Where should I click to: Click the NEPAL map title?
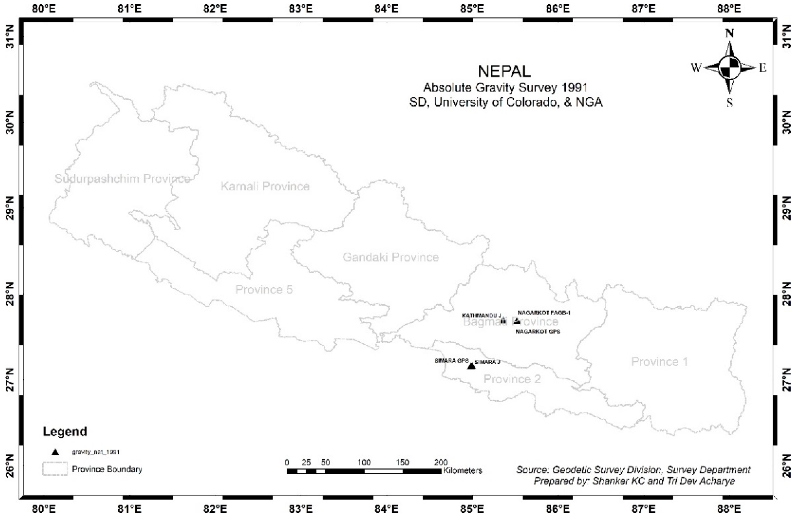pos(504,71)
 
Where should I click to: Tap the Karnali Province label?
pos(265,186)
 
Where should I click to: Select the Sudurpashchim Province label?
pos(122,179)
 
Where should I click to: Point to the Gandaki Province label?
pos(391,257)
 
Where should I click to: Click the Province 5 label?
pos(264,289)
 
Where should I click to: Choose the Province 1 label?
pos(659,362)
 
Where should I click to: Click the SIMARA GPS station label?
pos(451,361)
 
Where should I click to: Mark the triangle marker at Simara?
pos(471,366)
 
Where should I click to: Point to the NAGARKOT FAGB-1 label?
pos(544,313)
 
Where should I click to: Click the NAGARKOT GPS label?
pos(538,332)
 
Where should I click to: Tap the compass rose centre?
pos(729,68)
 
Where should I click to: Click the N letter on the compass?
pos(729,34)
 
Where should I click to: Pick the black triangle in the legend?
pos(55,452)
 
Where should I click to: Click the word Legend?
pos(65,431)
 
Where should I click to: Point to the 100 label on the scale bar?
pos(364,463)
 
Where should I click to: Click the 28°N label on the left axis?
pos(10,294)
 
